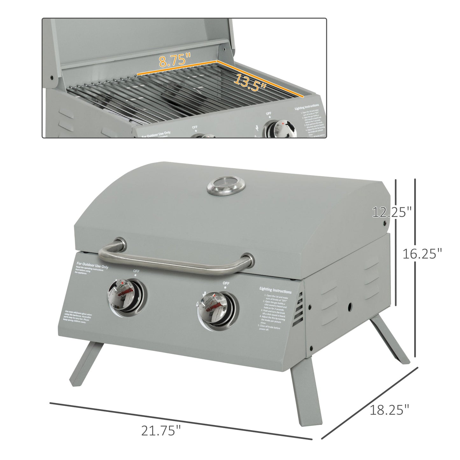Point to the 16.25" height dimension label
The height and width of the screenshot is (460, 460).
422,254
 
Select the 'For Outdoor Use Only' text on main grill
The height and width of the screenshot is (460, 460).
92,265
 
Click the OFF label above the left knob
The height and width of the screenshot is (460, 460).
136,272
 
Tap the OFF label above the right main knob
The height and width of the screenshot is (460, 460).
226,283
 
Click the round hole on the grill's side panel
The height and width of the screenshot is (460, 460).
350,307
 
